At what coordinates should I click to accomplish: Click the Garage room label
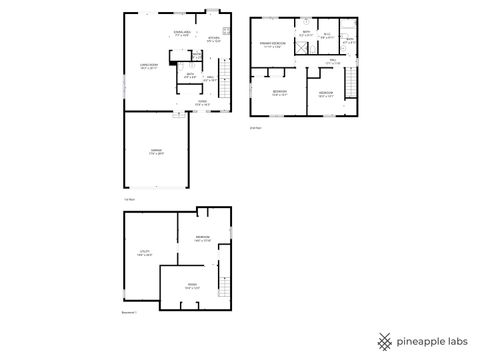(156, 152)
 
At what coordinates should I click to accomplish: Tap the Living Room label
(148, 66)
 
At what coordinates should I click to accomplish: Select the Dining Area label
(182, 34)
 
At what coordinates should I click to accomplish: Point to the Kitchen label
(213, 39)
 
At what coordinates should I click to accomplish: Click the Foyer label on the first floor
(202, 101)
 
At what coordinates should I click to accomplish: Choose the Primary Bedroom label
(272, 45)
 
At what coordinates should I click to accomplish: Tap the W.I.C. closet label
(327, 37)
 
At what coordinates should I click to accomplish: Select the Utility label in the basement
(145, 253)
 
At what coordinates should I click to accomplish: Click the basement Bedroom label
(202, 237)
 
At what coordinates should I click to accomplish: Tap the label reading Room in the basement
(192, 287)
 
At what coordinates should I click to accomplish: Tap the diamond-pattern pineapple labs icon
(385, 339)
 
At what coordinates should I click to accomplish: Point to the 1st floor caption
(129, 198)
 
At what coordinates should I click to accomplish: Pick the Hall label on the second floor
(334, 61)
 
